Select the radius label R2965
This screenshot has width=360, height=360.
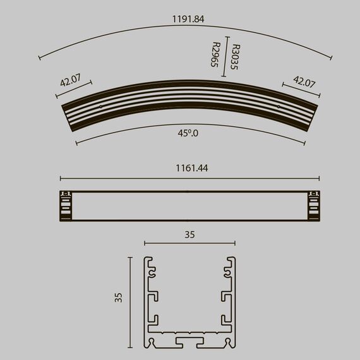(x=215, y=54)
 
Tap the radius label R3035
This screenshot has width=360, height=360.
(x=235, y=57)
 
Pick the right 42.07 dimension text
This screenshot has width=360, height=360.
(x=304, y=81)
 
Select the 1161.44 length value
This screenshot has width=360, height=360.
(x=190, y=169)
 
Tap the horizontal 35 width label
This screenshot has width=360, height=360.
(x=189, y=234)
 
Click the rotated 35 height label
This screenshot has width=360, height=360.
(x=118, y=297)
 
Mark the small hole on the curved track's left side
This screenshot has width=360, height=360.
(x=101, y=107)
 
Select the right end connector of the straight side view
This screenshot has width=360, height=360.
(x=315, y=205)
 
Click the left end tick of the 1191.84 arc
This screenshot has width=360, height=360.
(x=40, y=58)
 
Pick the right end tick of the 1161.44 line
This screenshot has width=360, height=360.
(x=319, y=178)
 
